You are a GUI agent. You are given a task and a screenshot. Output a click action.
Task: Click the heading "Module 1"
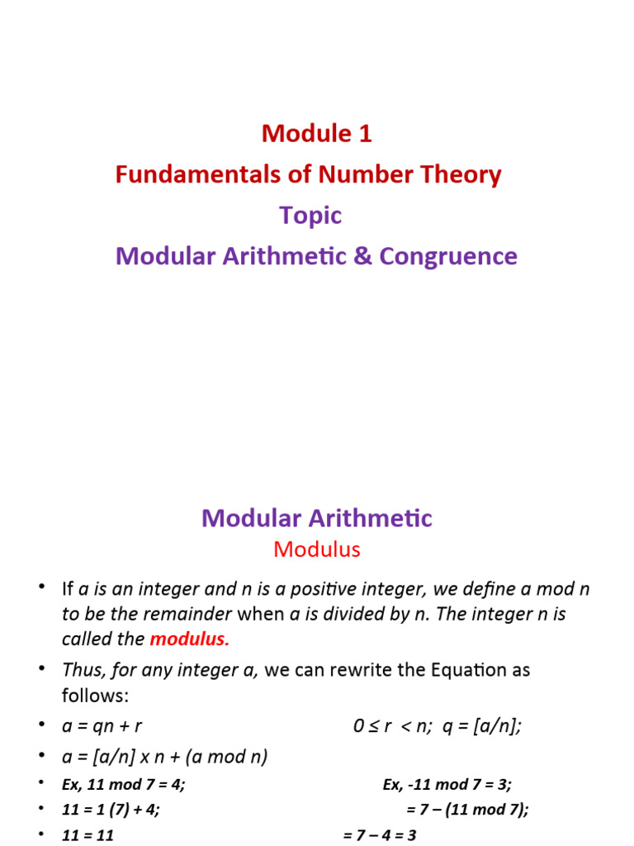click(317, 133)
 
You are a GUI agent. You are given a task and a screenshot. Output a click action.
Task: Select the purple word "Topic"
click(310, 215)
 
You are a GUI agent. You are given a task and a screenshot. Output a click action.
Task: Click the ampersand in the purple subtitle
click(361, 256)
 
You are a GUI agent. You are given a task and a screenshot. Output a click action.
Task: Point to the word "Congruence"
click(448, 256)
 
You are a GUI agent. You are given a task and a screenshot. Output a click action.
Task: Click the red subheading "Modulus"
click(317, 549)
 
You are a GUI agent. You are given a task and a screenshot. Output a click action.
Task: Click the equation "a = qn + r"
click(102, 726)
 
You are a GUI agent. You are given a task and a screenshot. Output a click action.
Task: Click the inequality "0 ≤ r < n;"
click(393, 726)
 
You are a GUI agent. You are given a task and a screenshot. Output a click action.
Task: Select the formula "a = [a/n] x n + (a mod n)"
click(165, 756)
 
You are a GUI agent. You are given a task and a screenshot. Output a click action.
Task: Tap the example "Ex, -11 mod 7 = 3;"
click(447, 784)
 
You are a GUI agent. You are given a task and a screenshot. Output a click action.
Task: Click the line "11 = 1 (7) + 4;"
click(111, 810)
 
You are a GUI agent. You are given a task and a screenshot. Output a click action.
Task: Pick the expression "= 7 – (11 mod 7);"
click(467, 810)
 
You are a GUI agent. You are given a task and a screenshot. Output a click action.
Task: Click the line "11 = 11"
click(88, 834)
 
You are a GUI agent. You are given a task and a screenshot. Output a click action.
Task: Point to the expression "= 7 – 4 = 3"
click(380, 834)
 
